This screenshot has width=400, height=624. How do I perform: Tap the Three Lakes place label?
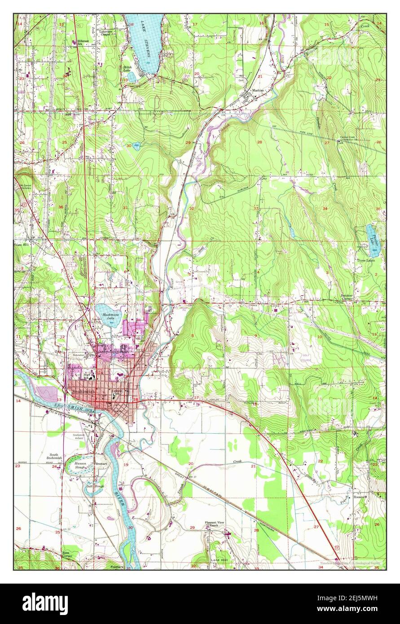[366, 260]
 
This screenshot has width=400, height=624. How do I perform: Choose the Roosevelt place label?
[360, 497]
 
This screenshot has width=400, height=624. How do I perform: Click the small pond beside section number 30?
[136, 145]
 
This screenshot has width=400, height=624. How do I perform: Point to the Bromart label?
[100, 463]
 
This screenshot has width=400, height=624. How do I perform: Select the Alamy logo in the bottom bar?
[45, 603]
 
